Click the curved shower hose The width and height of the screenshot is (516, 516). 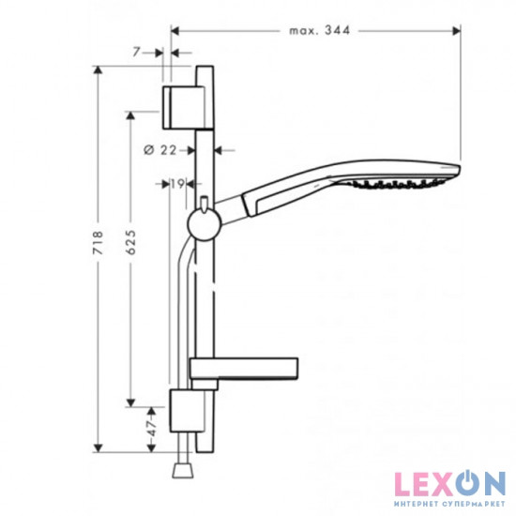[x=181, y=310]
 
